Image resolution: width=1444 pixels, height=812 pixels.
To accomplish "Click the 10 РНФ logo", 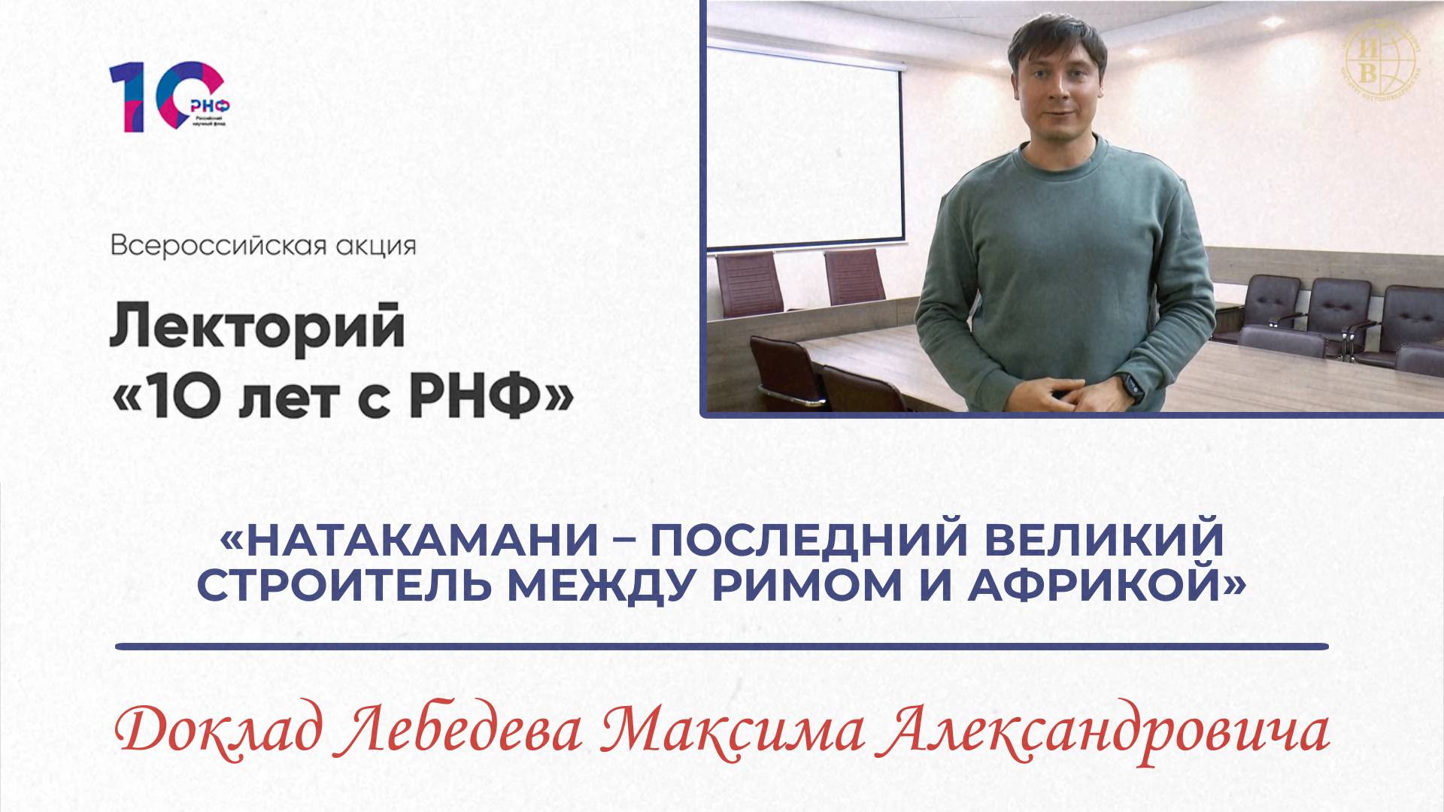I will coord(170,98).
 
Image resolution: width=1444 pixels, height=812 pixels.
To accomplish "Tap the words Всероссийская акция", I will coord(263,247).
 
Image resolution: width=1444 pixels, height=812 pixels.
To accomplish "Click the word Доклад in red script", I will coord(225,735).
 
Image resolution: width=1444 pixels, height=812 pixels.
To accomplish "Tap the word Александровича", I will coord(1106,735).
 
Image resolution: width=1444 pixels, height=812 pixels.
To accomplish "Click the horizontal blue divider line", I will coord(722,646).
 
